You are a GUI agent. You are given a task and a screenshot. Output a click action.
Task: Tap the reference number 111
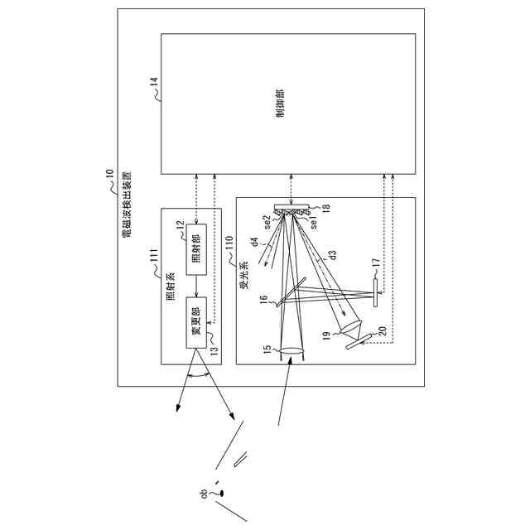[x=154, y=267]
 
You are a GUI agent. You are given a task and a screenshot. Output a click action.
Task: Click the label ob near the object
[x=204, y=494]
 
